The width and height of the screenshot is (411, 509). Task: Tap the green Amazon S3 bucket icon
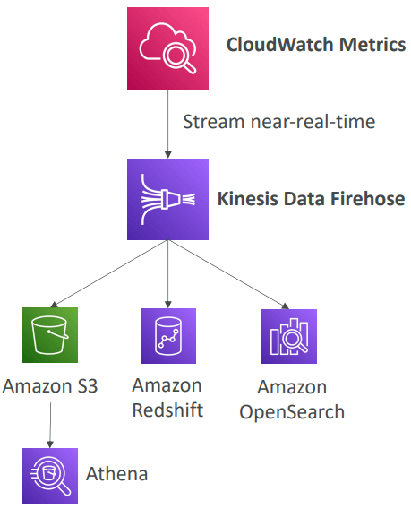coord(51,335)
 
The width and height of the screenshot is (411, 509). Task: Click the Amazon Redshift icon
coord(167,335)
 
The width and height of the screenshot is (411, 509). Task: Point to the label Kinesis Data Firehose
coord(311,198)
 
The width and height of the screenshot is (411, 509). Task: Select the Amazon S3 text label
coord(50,387)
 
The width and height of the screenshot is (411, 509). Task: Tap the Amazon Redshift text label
coord(167,397)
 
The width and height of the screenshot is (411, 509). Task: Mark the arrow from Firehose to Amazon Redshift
coord(168,273)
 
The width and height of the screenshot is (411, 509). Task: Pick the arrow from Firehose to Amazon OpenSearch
coord(231,274)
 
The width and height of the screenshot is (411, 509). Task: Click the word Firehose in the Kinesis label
coord(368,198)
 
